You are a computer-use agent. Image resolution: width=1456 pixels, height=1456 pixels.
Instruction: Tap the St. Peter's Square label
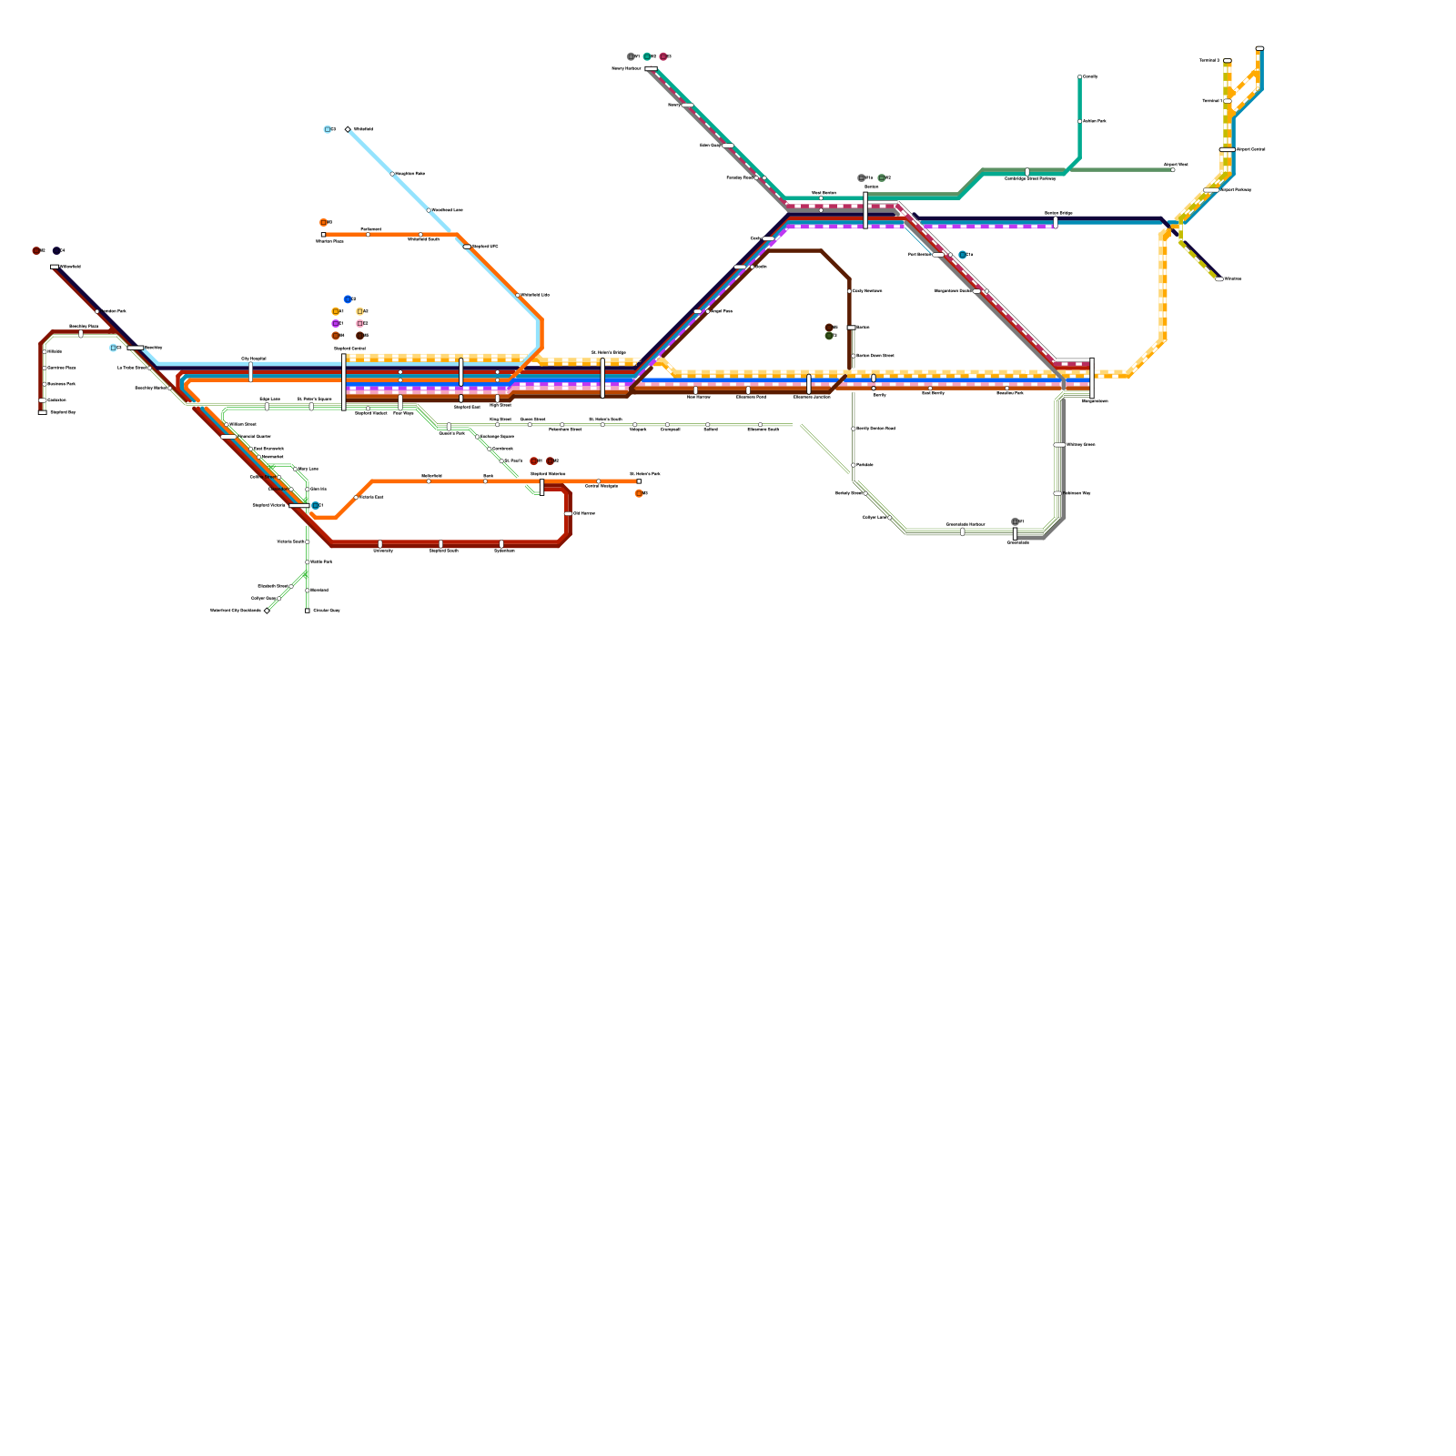pyautogui.click(x=314, y=399)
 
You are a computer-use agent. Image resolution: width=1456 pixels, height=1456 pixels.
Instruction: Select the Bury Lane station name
pyautogui.click(x=308, y=470)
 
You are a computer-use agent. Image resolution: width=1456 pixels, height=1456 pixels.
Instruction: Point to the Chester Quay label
pyautogui.click(x=327, y=611)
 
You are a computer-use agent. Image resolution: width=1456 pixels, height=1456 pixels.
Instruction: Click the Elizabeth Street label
pyautogui.click(x=273, y=586)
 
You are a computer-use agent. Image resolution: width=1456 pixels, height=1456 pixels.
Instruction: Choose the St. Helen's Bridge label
pyautogui.click(x=609, y=352)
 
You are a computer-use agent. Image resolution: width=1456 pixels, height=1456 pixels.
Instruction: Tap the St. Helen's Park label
pyautogui.click(x=645, y=474)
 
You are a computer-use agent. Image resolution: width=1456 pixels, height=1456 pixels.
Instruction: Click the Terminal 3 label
pyautogui.click(x=1208, y=60)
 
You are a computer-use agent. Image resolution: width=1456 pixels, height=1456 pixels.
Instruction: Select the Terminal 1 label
pyautogui.click(x=1210, y=101)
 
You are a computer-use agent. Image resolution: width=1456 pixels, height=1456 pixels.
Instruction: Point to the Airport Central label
pyautogui.click(x=1251, y=149)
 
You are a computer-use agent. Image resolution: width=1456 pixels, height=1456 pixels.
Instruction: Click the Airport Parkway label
pyautogui.click(x=1236, y=190)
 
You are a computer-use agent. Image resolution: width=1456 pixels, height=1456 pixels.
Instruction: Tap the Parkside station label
pyautogui.click(x=864, y=465)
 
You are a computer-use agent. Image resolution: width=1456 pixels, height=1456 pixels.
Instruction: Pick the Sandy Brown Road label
pyautogui.click(x=875, y=428)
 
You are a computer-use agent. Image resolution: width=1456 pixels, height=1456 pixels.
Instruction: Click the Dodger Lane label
pyautogui.click(x=875, y=517)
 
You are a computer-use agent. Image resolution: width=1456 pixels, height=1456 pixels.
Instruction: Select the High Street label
pyautogui.click(x=500, y=405)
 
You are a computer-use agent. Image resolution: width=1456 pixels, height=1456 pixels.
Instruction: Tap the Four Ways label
pyautogui.click(x=403, y=413)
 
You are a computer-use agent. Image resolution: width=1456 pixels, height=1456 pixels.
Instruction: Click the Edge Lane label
pyautogui.click(x=269, y=399)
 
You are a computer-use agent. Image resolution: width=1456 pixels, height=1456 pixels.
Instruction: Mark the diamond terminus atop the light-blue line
pyautogui.click(x=348, y=129)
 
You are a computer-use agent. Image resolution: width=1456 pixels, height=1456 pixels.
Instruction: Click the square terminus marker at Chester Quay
pyautogui.click(x=308, y=611)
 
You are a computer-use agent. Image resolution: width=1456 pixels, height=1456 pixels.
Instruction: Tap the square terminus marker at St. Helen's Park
pyautogui.click(x=639, y=481)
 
